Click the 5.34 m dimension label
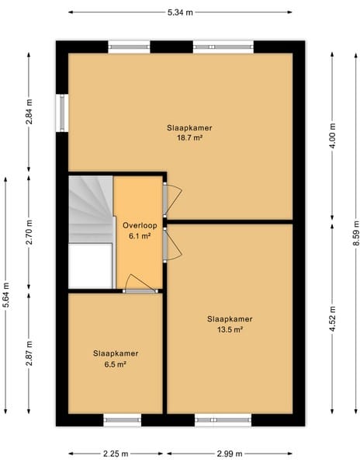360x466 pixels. click(180, 12)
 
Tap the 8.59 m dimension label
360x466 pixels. click(356, 233)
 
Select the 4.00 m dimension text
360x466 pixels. click(332, 136)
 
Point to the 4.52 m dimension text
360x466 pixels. click(332, 318)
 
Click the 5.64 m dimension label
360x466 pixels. click(6, 295)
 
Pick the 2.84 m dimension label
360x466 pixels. click(29, 112)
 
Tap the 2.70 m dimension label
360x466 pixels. click(29, 231)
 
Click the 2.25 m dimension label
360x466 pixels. click(116, 454)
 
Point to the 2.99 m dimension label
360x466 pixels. click(230, 454)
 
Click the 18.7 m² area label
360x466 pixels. click(189, 138)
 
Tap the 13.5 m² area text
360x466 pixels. click(230, 329)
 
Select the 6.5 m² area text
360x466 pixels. click(116, 364)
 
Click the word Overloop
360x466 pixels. click(140, 225)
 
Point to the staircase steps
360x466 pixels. click(92, 209)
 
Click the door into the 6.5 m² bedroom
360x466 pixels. click(140, 283)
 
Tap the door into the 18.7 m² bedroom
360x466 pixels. click(171, 200)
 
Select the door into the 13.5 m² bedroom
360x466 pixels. click(171, 245)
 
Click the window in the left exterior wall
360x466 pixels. click(62, 113)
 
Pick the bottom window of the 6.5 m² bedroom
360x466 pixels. click(123, 420)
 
